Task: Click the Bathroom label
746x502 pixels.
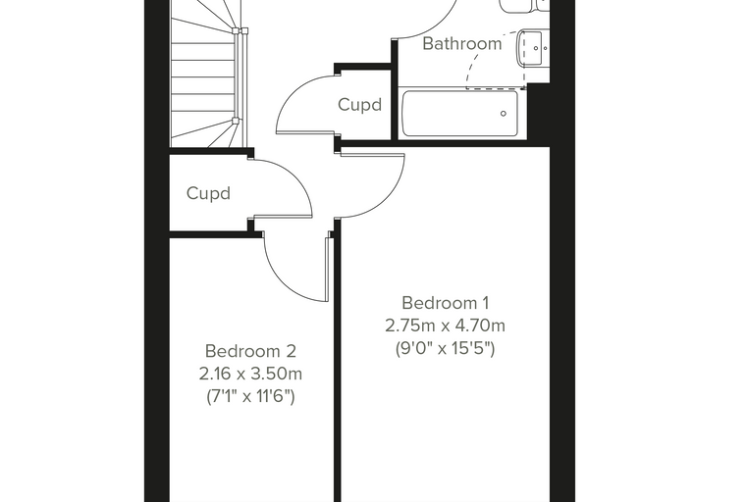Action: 462,43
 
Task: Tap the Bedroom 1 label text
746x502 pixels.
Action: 446,303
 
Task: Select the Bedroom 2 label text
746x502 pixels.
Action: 250,351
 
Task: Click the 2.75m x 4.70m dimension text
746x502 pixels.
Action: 446,326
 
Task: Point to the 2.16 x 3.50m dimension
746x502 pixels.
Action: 250,375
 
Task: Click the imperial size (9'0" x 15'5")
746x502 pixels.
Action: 446,349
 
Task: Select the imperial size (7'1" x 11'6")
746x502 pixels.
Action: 250,396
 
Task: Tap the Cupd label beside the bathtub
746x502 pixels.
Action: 359,105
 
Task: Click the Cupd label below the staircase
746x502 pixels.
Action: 208,193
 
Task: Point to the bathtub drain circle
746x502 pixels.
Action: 504,114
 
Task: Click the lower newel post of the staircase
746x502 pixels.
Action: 236,121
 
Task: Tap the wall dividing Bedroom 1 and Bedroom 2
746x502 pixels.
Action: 337,361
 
